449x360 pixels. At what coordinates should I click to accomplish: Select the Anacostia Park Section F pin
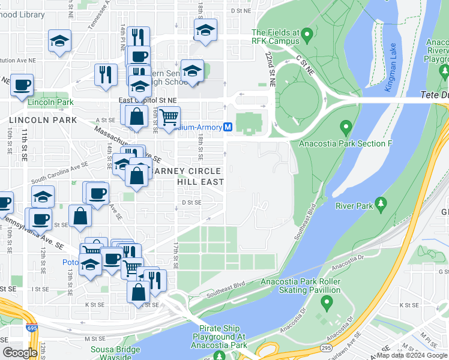pyautogui.click(x=345, y=127)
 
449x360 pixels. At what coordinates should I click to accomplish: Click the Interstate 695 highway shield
pyautogui.click(x=31, y=328)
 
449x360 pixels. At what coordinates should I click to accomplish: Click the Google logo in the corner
pyautogui.click(x=20, y=353)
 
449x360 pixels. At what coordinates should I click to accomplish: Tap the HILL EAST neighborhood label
pyautogui.click(x=200, y=182)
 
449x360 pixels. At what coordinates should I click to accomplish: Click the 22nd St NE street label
pyautogui.click(x=268, y=70)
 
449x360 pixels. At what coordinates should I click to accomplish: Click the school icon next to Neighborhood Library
pyautogui.click(x=60, y=41)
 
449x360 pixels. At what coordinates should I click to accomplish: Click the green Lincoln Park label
pyautogui.click(x=50, y=102)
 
